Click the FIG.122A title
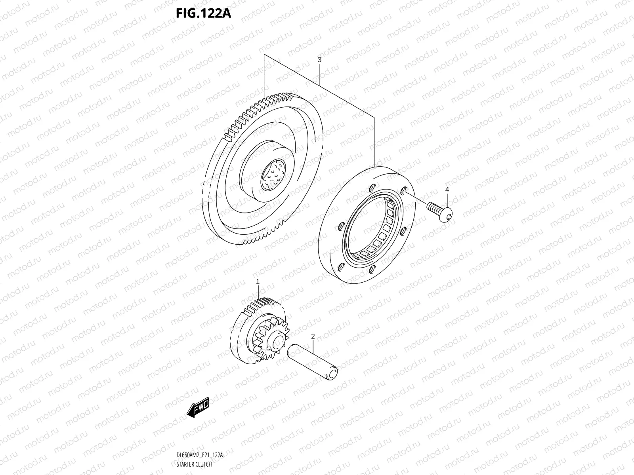[203, 13]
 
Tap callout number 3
[319, 60]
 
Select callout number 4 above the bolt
[447, 190]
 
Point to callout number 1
[258, 282]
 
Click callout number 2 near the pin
[313, 337]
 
